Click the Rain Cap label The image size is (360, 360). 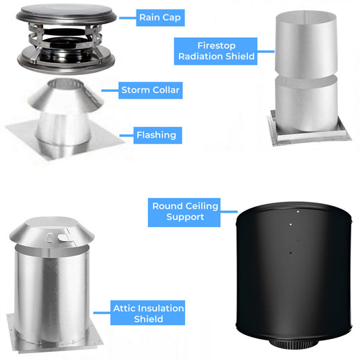click(x=160, y=18)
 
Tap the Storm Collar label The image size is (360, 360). click(x=151, y=91)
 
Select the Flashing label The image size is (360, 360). click(x=157, y=135)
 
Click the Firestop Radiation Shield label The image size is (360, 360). click(x=215, y=51)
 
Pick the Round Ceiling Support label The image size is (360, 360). click(x=184, y=212)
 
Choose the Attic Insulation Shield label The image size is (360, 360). click(x=148, y=313)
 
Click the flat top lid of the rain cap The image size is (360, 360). click(x=66, y=12)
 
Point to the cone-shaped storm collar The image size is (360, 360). click(x=66, y=97)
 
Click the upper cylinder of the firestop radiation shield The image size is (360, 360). click(x=306, y=45)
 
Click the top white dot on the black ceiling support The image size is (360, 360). click(x=298, y=211)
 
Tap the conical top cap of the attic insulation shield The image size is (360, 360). click(x=51, y=232)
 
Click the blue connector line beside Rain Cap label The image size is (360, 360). click(x=128, y=18)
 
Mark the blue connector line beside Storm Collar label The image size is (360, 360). click(x=110, y=91)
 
